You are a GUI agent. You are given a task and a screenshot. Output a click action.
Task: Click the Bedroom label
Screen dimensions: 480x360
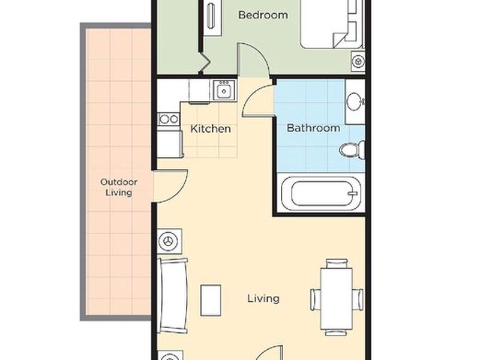coord(263,14)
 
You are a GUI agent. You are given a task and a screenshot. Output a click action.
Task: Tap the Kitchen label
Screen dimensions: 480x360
coord(211,128)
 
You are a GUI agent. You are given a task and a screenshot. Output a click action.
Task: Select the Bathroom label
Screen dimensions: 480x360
coord(313,128)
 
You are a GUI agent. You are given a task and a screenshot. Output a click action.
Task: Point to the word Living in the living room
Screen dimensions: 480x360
coord(263,298)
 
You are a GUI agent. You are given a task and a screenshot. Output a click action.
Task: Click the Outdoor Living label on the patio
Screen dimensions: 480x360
coord(119,187)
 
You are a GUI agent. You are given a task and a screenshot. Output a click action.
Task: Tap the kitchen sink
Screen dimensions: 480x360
coord(224,90)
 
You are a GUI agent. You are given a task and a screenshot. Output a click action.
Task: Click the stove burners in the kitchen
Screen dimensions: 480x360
coord(168,119)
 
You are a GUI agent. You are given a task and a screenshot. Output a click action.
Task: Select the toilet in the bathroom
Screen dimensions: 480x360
coord(352,149)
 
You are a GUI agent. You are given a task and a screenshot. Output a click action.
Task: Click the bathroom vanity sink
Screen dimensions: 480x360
coord(355,101)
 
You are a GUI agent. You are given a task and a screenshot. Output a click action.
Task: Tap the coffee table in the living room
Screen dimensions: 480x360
coord(211,301)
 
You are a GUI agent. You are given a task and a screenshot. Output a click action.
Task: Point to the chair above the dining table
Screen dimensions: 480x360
coord(337,263)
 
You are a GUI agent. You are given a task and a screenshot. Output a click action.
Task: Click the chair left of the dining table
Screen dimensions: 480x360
coord(316,299)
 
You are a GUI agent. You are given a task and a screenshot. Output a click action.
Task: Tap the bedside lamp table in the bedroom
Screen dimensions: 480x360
coord(358,62)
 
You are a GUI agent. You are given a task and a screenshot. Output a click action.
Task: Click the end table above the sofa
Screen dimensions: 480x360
coord(170,241)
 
